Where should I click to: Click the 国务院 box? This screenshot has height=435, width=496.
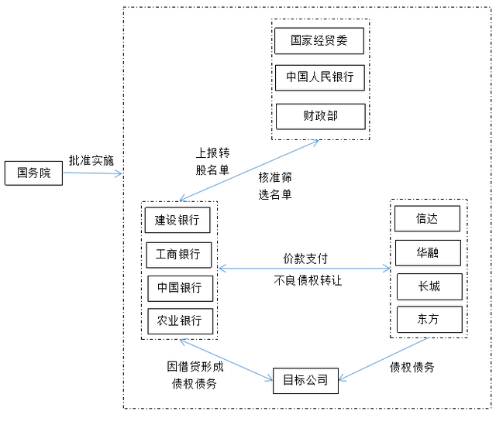(x=33, y=173)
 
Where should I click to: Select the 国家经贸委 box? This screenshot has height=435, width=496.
(x=319, y=41)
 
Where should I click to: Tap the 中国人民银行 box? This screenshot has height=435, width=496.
(x=319, y=77)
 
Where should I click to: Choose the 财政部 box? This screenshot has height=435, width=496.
(x=319, y=116)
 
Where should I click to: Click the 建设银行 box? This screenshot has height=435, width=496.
(x=177, y=220)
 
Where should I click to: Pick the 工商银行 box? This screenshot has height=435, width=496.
(x=178, y=254)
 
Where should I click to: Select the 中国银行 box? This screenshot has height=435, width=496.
(x=179, y=287)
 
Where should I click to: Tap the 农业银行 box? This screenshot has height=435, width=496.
(x=180, y=320)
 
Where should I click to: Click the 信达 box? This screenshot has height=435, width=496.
(x=427, y=218)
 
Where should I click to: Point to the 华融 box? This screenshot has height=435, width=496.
(x=428, y=252)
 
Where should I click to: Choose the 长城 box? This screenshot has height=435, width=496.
(x=429, y=286)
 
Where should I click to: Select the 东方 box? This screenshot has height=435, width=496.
(x=429, y=320)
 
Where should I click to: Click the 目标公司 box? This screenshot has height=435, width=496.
(x=305, y=380)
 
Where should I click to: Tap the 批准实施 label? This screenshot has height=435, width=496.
(x=91, y=160)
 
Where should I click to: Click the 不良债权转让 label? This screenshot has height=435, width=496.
(x=308, y=280)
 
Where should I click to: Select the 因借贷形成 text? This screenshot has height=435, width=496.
(x=195, y=366)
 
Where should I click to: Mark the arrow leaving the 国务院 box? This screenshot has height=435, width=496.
(x=92, y=173)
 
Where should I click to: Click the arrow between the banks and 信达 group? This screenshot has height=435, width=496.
(x=305, y=269)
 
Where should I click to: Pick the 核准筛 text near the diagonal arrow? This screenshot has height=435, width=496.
(x=275, y=178)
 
